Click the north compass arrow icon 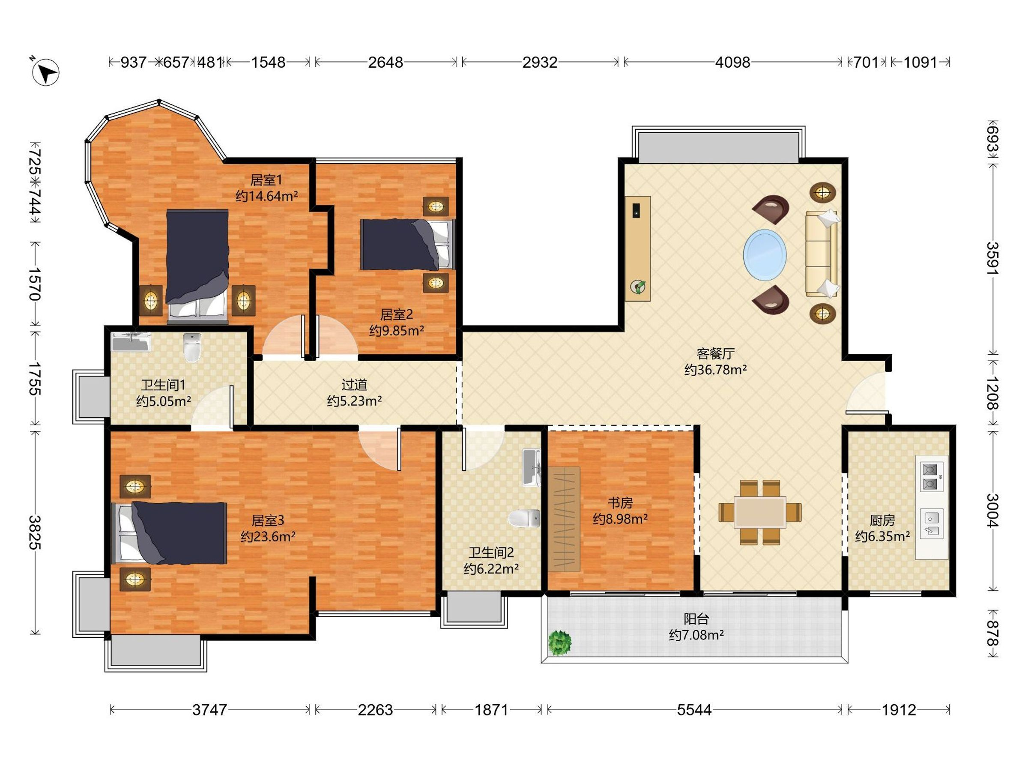pyautogui.click(x=45, y=72)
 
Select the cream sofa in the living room pyautogui.click(x=822, y=253)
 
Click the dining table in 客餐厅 pyautogui.click(x=760, y=512)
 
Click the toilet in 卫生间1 pyautogui.click(x=192, y=347)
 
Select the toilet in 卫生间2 pyautogui.click(x=524, y=519)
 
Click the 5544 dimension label pyautogui.click(x=694, y=710)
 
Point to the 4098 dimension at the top pyautogui.click(x=732, y=62)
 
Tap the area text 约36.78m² pyautogui.click(x=716, y=370)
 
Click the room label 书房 pyautogui.click(x=620, y=503)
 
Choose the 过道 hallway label pyautogui.click(x=354, y=384)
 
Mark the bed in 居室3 pyautogui.click(x=169, y=532)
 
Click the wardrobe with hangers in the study pyautogui.click(x=564, y=519)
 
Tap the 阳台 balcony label pyautogui.click(x=696, y=619)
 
